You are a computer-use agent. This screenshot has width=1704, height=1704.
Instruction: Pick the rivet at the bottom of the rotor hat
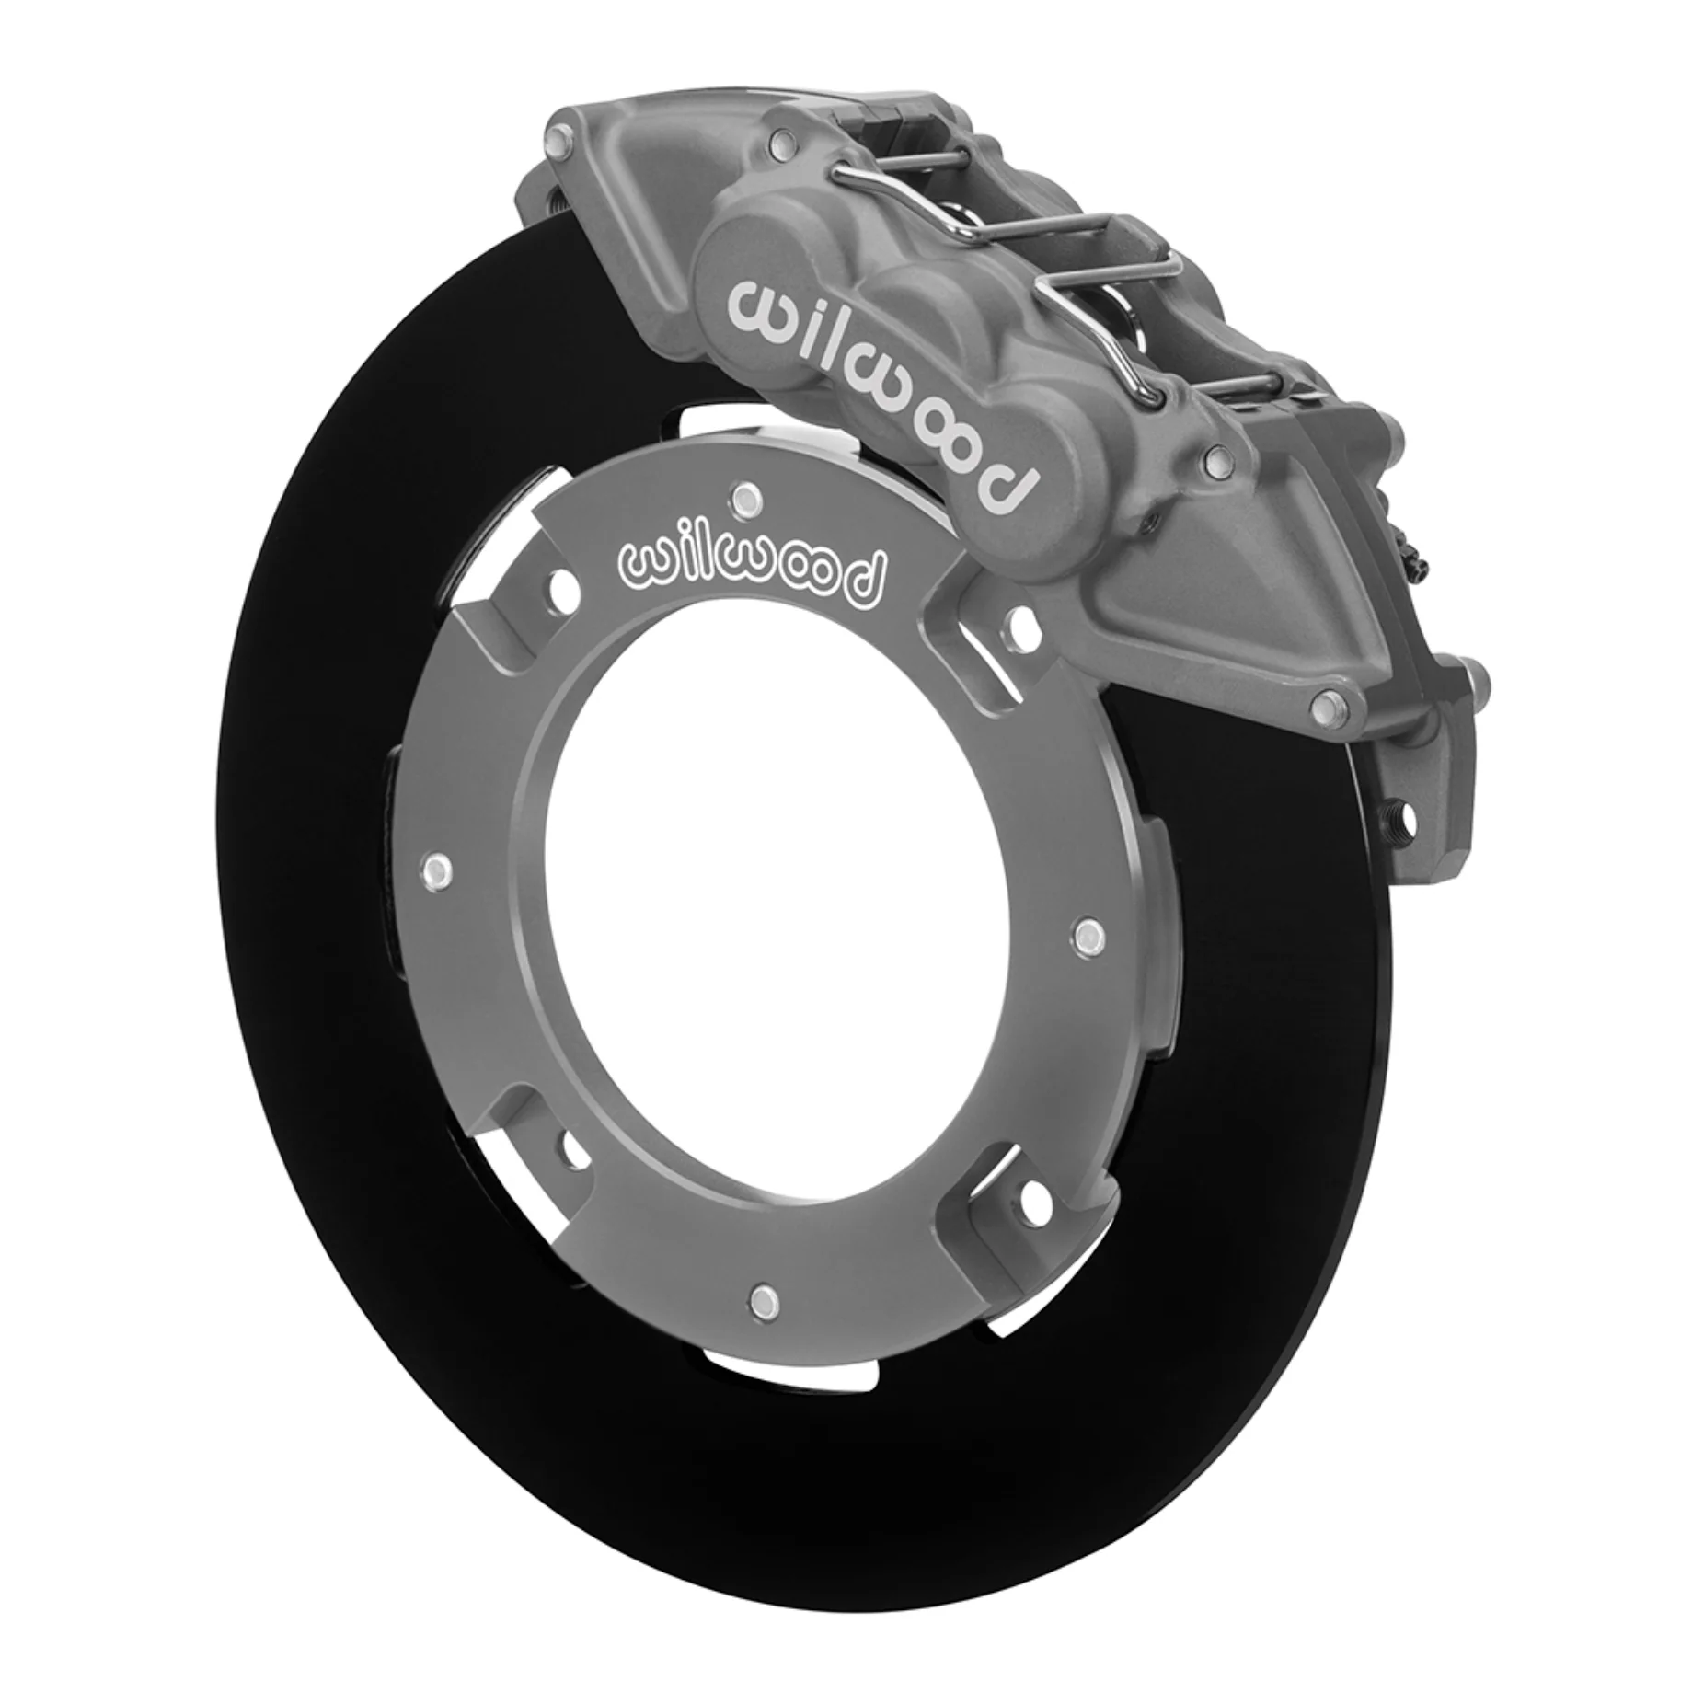pos(760,1298)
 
